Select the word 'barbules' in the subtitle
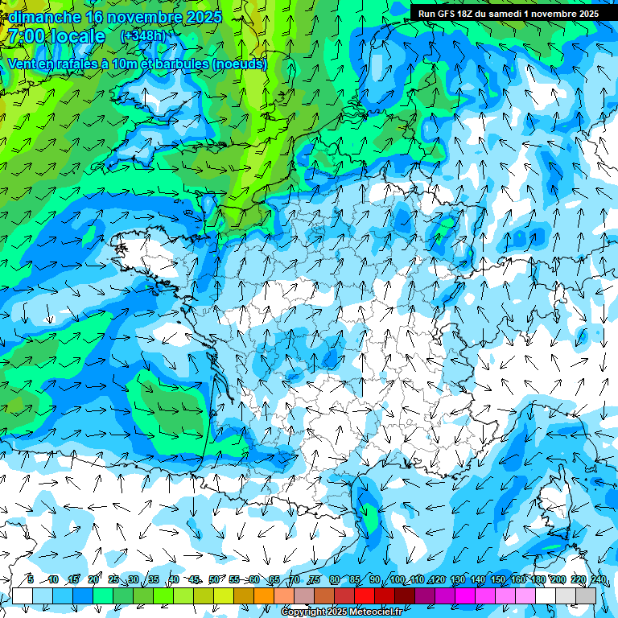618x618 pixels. coord(179,64)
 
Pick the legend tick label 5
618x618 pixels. coord(30,579)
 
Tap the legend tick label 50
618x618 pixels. coord(213,579)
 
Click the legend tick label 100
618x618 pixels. coord(397,579)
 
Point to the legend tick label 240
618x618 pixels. coord(599,579)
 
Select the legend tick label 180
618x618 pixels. coord(538,579)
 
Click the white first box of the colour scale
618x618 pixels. coord(23,595)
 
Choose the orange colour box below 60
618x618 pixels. coord(264,595)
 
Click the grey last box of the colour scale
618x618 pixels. coord(587,595)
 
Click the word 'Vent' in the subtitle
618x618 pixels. coord(23,64)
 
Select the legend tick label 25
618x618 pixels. coord(113,579)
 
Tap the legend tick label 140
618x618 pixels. coord(477,579)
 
